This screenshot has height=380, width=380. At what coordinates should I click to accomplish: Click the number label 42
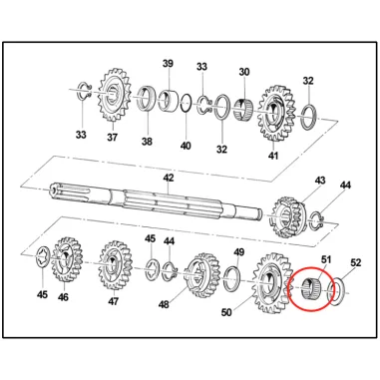pos(169,178)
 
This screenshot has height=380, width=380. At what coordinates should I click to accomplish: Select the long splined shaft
pos(156,201)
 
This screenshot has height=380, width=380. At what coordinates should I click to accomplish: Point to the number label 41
pos(273,156)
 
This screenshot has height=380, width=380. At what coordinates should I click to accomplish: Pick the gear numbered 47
pos(115,265)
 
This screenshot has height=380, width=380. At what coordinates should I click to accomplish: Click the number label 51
pos(326,259)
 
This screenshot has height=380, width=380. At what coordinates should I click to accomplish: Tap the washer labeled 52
pos(336,289)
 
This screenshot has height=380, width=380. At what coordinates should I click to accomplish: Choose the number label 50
pos(226,312)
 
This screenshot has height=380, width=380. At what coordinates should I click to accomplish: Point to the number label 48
pos(164,304)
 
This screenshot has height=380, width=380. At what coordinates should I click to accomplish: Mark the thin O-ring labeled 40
pos(187,104)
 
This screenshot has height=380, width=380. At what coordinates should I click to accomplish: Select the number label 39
pos(168,63)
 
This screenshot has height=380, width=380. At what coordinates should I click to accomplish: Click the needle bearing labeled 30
pos(244,108)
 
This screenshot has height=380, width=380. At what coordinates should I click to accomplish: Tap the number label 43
pos(320,181)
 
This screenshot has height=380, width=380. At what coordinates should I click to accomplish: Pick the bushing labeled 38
pos(147,99)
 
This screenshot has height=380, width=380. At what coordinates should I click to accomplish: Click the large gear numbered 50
pos(272,283)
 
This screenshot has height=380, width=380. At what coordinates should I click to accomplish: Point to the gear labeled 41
pos(275,113)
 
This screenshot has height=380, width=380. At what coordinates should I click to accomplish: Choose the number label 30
pos(244,72)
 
